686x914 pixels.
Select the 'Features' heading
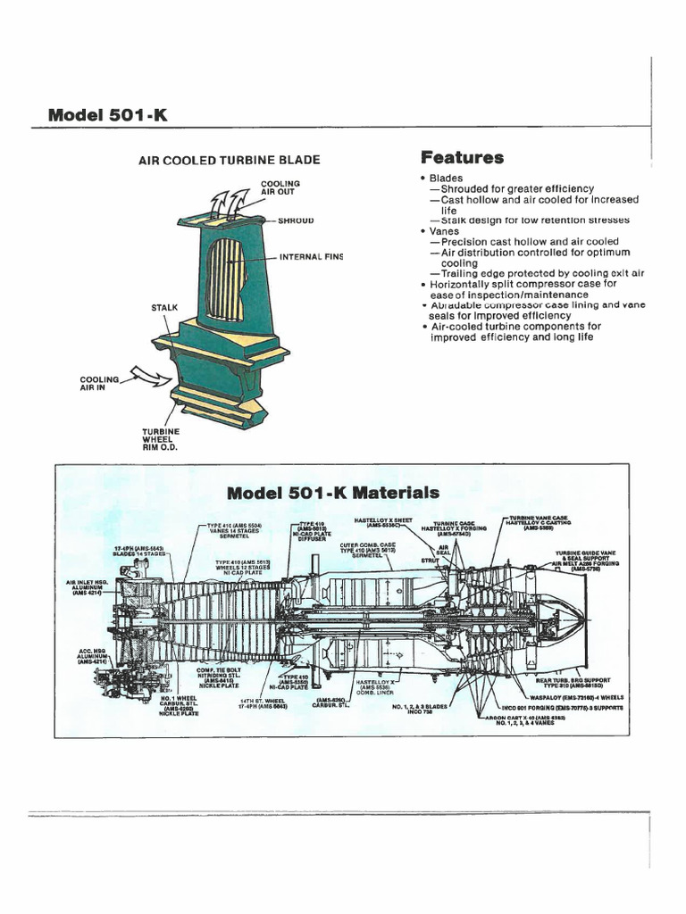point(462,159)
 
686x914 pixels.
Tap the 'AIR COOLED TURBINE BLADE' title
point(229,161)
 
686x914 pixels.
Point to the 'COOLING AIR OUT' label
point(280,188)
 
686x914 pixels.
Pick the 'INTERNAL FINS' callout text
point(311,257)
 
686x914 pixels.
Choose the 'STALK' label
point(165,308)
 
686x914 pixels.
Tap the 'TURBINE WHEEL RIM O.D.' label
point(161,439)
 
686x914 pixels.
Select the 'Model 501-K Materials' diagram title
point(333,493)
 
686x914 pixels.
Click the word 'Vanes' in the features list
point(444,230)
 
